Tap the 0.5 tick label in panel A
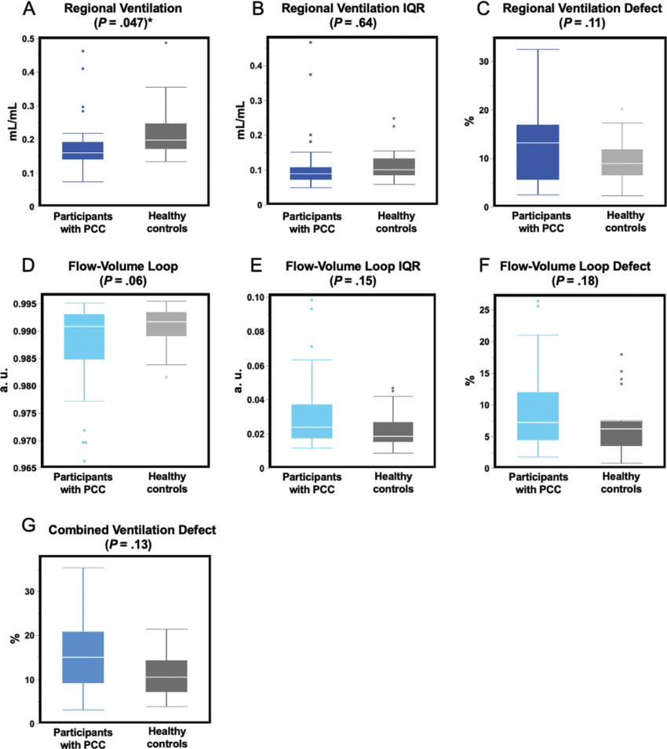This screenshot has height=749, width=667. coord(27,38)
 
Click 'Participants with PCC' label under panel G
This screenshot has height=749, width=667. coord(85,739)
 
